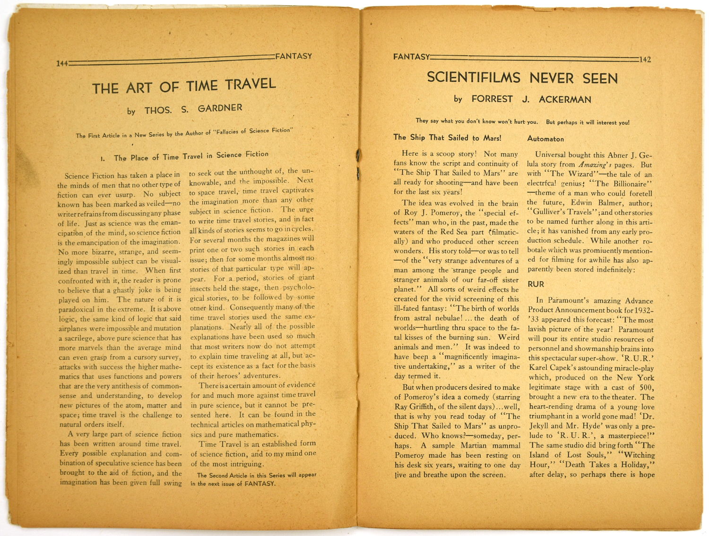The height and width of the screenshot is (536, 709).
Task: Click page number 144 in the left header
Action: [x=61, y=63]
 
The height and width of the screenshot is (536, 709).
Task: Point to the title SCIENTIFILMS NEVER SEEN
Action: [x=522, y=77]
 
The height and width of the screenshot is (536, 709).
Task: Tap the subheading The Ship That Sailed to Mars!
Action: [x=447, y=137]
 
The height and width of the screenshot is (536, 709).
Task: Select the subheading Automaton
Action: [x=545, y=139]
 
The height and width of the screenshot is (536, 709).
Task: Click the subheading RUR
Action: [x=536, y=284]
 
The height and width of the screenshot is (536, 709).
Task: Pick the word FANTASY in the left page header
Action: [x=294, y=56]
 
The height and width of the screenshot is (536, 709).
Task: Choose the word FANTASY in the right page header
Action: [x=411, y=57]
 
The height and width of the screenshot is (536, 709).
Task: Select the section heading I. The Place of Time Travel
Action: [x=184, y=156]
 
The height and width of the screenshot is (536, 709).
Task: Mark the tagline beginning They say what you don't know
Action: [x=522, y=122]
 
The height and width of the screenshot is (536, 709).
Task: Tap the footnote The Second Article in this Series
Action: [x=256, y=479]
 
